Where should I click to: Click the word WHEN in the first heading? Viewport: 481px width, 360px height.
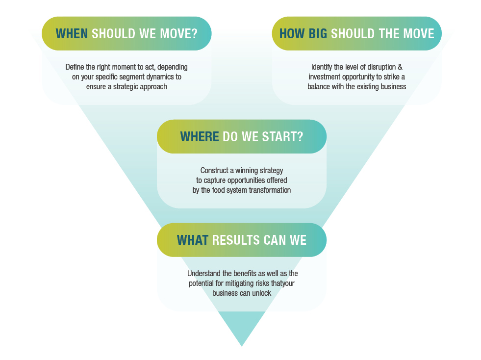pos(72,34)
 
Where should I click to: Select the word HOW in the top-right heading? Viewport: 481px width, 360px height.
pos(292,34)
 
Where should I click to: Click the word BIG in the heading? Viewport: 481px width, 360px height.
pos(318,34)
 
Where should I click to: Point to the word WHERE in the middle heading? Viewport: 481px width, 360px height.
pos(200,137)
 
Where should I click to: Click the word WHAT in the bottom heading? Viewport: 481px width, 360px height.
pos(193,240)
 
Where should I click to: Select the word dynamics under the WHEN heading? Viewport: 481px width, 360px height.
pos(160,77)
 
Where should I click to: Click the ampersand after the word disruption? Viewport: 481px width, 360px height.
pos(400,67)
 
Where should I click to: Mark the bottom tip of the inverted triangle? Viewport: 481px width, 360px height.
pos(242,346)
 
